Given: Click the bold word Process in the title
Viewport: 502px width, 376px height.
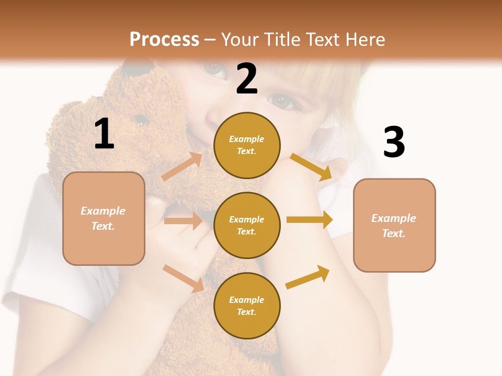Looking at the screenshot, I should point(164,40).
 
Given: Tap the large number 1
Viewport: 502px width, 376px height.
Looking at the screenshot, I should point(104,134).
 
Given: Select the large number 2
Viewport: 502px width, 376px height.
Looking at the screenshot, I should point(247,78).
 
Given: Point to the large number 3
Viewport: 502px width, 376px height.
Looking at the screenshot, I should point(394,143).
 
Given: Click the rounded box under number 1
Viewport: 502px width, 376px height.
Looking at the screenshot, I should point(104,218).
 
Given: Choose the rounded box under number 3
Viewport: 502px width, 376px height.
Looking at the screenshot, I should point(394,225).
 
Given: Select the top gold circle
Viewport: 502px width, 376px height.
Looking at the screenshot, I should point(247,145).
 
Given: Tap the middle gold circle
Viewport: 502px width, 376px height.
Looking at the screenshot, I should point(247,225).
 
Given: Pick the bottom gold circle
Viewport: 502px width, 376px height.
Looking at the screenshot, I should point(247,305).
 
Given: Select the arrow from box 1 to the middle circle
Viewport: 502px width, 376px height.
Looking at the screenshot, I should point(182,221).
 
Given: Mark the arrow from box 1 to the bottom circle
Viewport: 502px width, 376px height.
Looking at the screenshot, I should point(183,278).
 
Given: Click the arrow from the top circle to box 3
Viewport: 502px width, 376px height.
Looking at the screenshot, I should point(312,167).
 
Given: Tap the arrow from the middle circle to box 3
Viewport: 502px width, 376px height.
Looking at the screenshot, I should point(310,220).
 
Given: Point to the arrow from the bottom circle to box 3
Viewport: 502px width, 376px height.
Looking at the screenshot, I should point(308,277).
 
